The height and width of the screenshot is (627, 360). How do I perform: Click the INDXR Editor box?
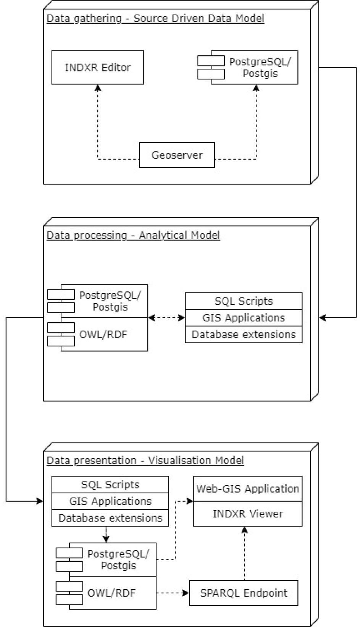[98, 68]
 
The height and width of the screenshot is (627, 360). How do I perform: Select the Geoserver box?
[177, 155]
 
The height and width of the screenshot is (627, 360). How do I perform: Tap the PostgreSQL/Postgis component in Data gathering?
[260, 68]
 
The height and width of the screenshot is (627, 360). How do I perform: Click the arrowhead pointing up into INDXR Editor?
[98, 88]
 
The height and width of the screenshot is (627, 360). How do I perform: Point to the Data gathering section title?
[155, 18]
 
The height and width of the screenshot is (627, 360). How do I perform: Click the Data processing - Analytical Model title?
[133, 235]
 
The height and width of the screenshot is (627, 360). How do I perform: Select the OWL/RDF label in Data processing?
[103, 335]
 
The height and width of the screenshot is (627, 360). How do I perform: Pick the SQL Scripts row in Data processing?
[244, 301]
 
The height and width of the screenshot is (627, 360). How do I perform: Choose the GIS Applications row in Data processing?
[244, 318]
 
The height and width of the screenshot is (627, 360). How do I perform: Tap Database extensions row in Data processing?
[244, 335]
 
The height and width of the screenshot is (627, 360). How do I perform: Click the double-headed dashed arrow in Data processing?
[166, 318]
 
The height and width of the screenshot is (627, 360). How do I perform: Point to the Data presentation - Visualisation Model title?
[145, 460]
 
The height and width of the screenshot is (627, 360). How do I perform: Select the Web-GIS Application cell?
[248, 489]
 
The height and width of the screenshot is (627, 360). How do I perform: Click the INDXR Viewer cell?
[248, 514]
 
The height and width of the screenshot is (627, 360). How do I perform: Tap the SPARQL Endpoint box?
[244, 593]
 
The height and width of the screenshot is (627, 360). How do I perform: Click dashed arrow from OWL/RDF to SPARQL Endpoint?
[173, 593]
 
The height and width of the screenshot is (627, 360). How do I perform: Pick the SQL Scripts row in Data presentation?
[110, 485]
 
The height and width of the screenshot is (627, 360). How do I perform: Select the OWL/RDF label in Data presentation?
[111, 593]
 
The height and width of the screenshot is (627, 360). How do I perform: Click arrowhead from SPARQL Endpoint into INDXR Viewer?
[245, 530]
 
